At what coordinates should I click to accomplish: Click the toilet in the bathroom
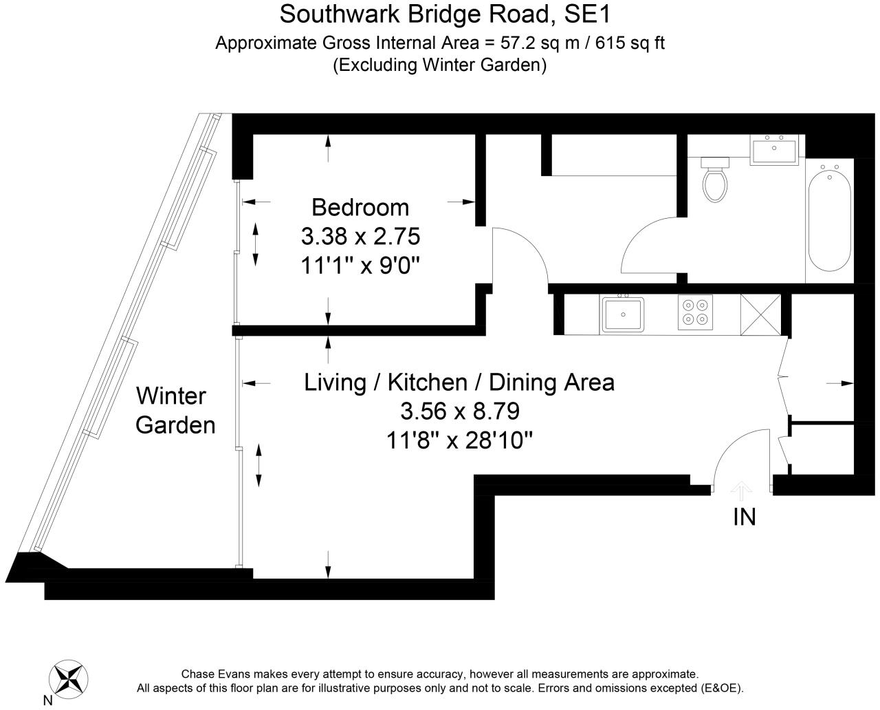coord(715,180)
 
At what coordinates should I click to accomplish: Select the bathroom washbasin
coord(774,150)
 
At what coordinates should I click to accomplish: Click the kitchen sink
coord(622,314)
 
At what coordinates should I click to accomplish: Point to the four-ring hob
coord(695,312)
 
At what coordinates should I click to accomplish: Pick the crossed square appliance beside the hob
coord(760,314)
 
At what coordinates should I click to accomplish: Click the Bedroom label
coord(360,208)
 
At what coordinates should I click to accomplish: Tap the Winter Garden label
coord(175,411)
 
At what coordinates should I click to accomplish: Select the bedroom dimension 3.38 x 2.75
coord(361,237)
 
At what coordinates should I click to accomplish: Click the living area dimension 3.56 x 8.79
coord(460,411)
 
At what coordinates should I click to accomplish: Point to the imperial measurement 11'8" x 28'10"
coord(460,441)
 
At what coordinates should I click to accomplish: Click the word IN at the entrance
coord(745,517)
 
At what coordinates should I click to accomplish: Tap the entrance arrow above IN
coord(741,491)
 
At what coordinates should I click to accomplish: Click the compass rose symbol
coord(68,680)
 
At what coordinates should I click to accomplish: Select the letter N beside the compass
coord(48,700)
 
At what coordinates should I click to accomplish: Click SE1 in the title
coord(587,14)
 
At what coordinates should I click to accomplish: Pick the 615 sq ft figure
coord(630,43)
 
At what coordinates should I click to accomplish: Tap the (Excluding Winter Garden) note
coord(439,65)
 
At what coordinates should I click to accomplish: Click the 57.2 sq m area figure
coord(540,43)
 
